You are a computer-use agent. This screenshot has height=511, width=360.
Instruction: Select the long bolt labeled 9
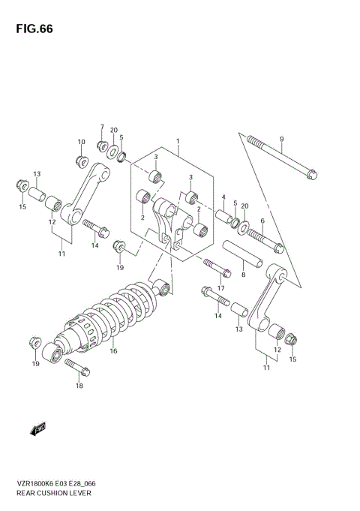pos(280,158)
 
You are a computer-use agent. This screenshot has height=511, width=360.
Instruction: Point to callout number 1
pos(178,140)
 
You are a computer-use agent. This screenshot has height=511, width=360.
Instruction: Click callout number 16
pos(113,350)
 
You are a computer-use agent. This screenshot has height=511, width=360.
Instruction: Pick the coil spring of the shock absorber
pos(120,315)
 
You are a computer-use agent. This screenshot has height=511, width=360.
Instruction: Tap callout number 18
pos(79,386)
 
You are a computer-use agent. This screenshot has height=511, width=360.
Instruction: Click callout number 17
pos(221,288)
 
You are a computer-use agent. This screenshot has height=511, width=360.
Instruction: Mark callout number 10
pos(82,142)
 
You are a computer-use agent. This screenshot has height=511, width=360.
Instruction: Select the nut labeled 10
pos(81,160)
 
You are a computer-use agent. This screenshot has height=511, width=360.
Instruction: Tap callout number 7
pos(103,127)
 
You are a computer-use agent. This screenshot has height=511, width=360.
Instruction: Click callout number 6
pos(262,221)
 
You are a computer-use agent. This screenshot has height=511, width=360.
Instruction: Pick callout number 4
pos(223,198)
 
